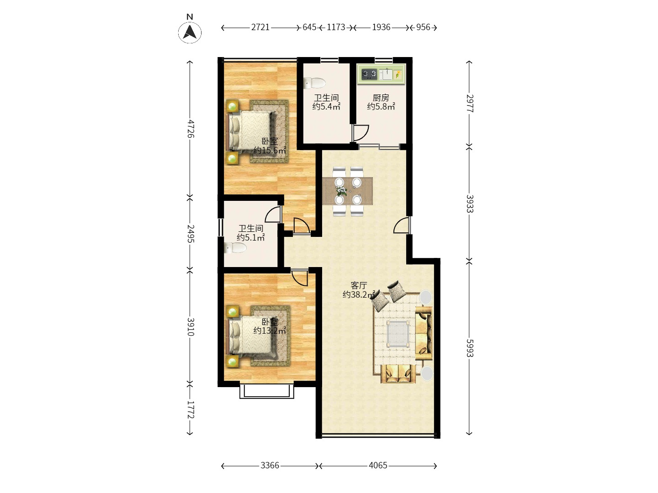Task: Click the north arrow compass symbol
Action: click(x=190, y=32)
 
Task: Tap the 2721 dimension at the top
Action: click(x=260, y=27)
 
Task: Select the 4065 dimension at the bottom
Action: click(x=378, y=466)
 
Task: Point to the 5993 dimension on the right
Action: click(x=470, y=348)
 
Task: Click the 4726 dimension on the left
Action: click(x=191, y=129)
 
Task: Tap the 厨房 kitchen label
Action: click(x=381, y=98)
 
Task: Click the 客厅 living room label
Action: click(x=359, y=285)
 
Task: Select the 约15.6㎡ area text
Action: click(x=270, y=151)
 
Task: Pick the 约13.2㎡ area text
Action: click(x=270, y=331)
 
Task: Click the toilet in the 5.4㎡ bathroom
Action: click(x=315, y=83)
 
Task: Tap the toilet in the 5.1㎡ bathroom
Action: click(x=235, y=248)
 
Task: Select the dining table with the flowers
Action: click(x=348, y=190)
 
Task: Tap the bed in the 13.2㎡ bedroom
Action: click(x=253, y=336)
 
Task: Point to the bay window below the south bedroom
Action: click(x=266, y=391)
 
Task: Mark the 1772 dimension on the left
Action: click(x=191, y=409)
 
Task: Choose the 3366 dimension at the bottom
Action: click(x=270, y=466)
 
